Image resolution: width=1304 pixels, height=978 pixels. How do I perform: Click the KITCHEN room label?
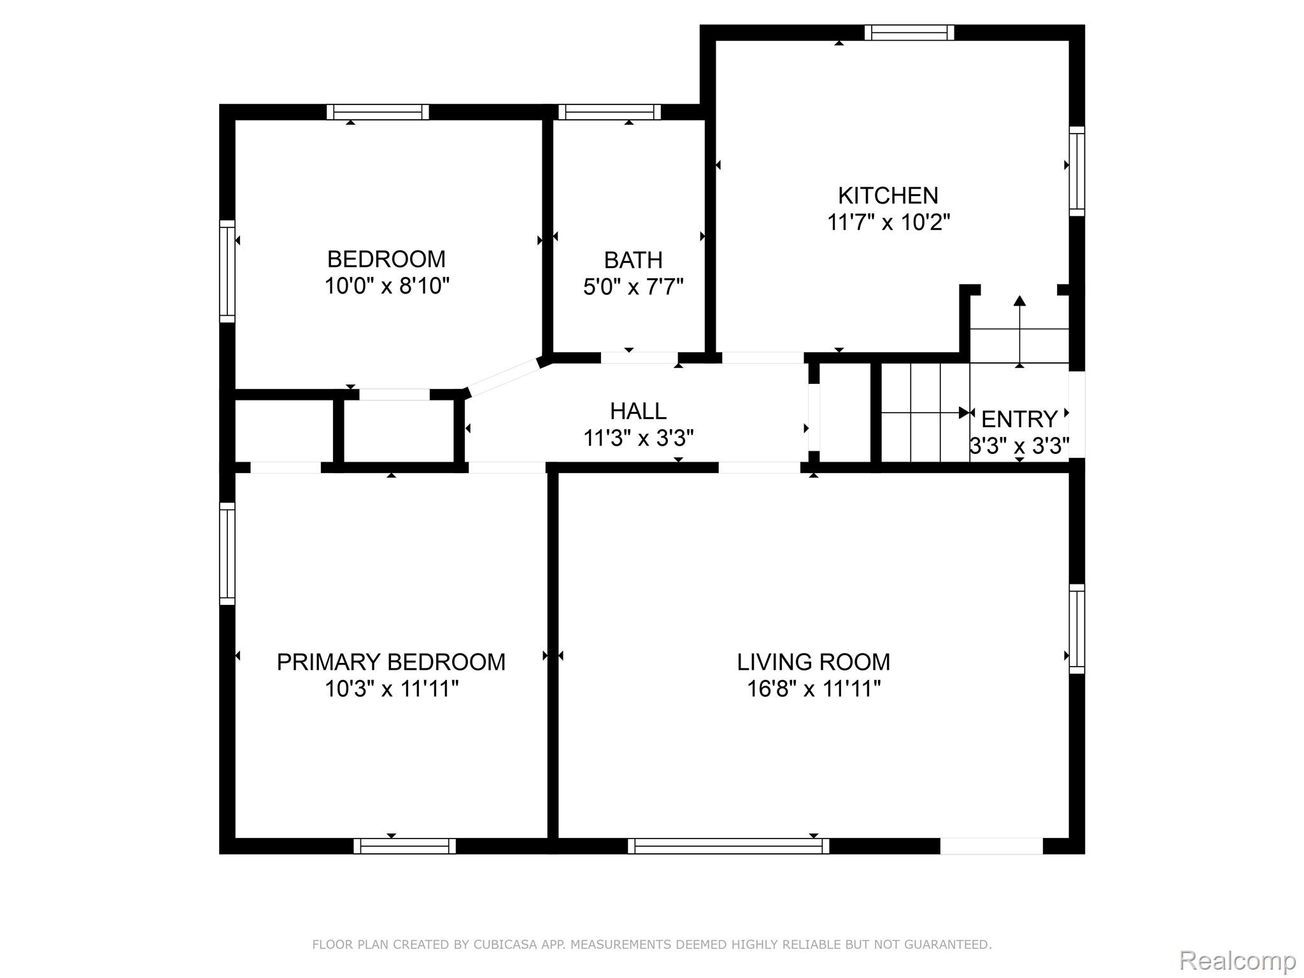tap(888, 195)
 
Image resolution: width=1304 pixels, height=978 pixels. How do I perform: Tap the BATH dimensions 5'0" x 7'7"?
tap(633, 287)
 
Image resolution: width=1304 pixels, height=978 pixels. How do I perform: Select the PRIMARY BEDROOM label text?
tap(391, 662)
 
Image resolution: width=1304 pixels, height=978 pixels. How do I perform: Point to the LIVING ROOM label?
tap(814, 662)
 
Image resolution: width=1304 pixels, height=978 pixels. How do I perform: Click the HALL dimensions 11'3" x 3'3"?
tap(639, 438)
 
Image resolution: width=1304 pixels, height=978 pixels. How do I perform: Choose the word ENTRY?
tap(1019, 419)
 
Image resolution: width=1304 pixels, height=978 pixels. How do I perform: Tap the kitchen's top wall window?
tap(909, 32)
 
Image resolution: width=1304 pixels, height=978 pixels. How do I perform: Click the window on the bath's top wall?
tap(609, 112)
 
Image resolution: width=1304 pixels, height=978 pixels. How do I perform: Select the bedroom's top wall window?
tap(378, 112)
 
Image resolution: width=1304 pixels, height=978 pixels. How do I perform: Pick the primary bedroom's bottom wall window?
tap(405, 846)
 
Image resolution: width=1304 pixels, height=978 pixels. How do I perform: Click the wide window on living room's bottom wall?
tap(728, 846)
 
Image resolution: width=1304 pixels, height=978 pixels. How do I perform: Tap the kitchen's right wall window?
tap(1077, 171)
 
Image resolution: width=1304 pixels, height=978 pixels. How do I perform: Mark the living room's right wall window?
tap(1077, 628)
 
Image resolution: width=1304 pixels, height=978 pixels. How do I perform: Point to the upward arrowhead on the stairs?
tap(1019, 301)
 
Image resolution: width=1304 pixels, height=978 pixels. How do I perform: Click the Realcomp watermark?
tap(1237, 960)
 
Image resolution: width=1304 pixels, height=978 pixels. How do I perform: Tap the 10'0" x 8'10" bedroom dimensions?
tap(387, 287)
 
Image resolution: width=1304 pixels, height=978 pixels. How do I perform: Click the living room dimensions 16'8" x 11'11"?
tap(814, 689)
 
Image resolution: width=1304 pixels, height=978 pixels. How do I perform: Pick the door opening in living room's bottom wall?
tap(991, 846)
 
